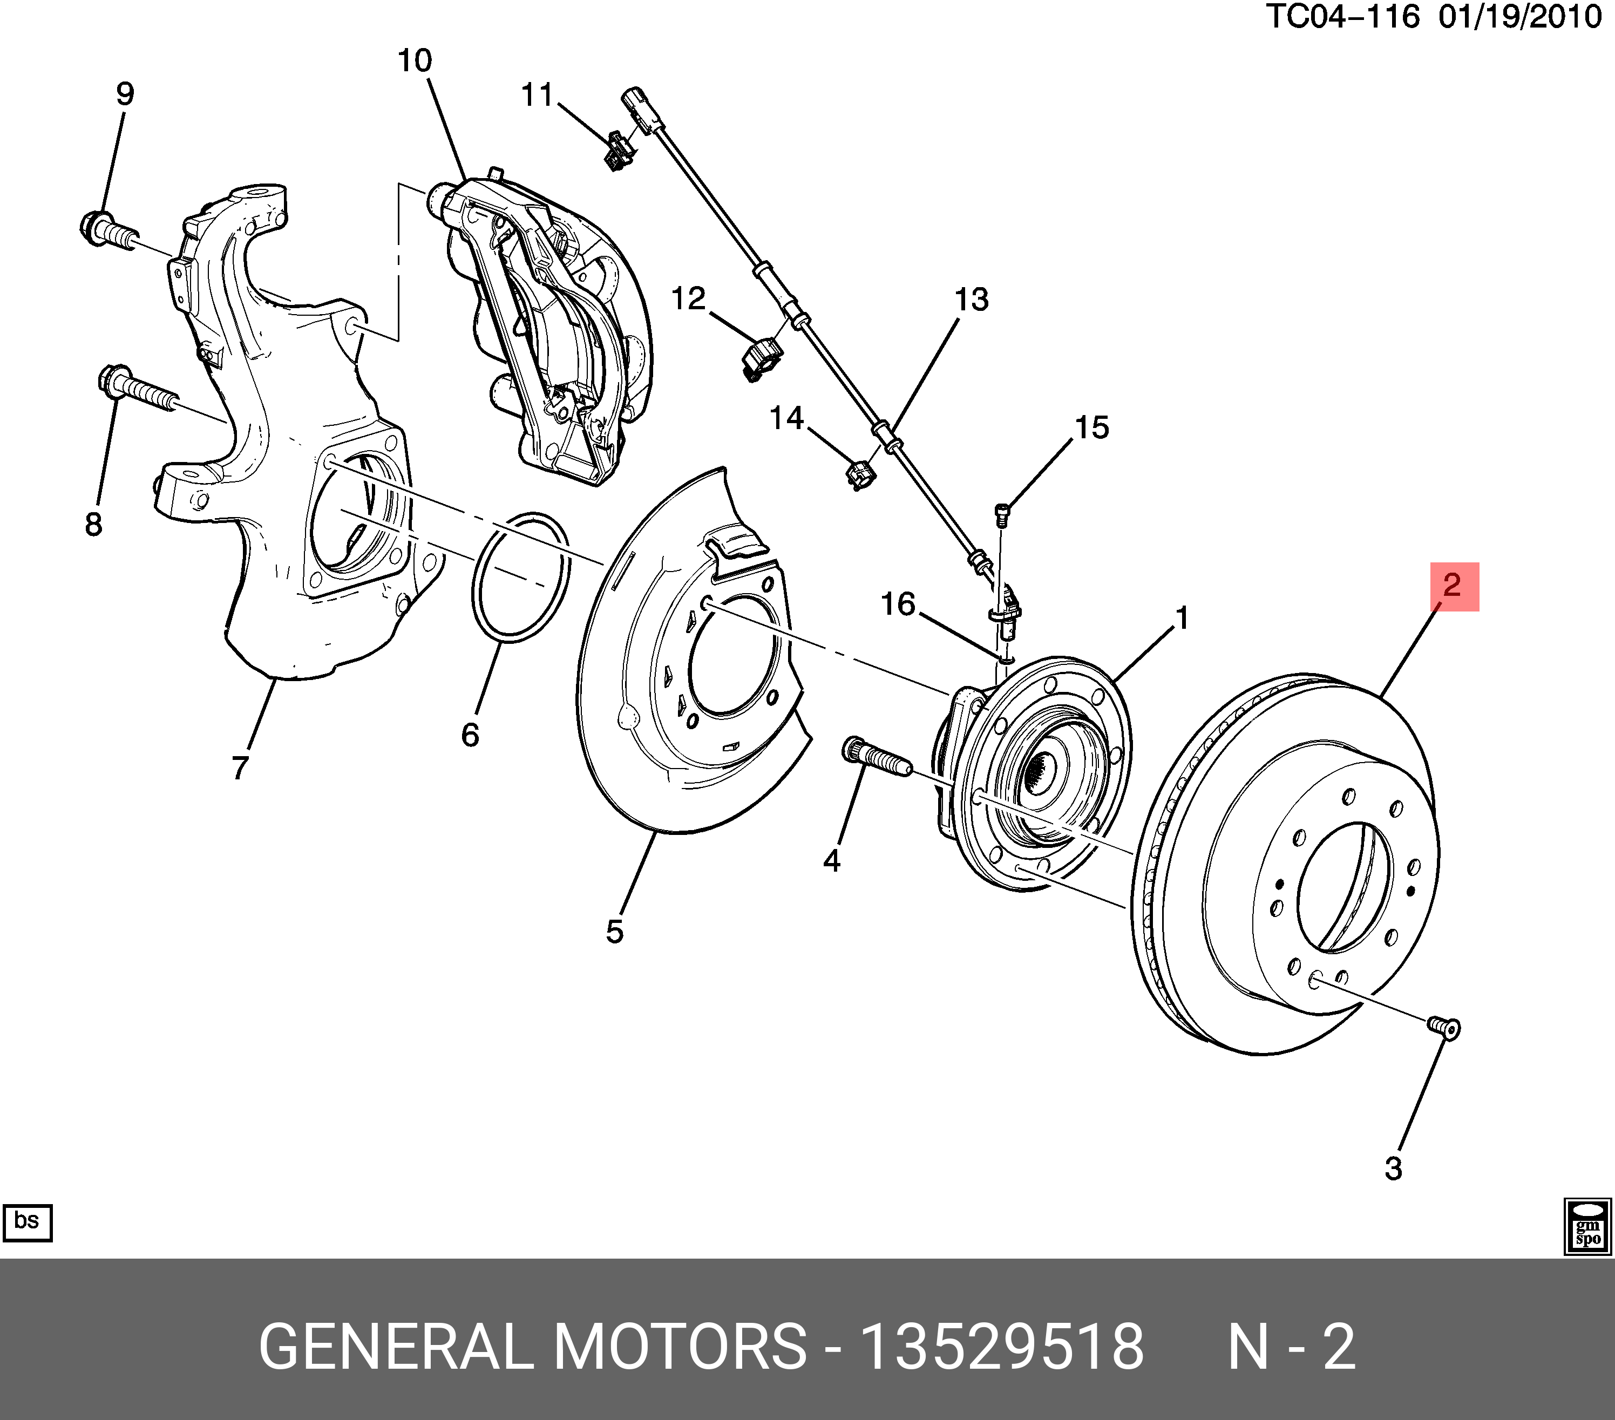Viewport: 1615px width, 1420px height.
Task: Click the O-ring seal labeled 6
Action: [521, 577]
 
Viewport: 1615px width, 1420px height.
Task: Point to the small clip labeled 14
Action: [860, 474]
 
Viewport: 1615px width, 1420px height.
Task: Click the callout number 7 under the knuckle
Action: [240, 766]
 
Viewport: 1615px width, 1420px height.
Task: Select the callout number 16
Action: [898, 604]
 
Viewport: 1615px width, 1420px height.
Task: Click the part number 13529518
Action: [1001, 1347]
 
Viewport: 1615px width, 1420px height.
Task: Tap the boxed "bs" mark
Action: [28, 1222]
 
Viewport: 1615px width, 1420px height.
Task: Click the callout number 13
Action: [971, 300]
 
